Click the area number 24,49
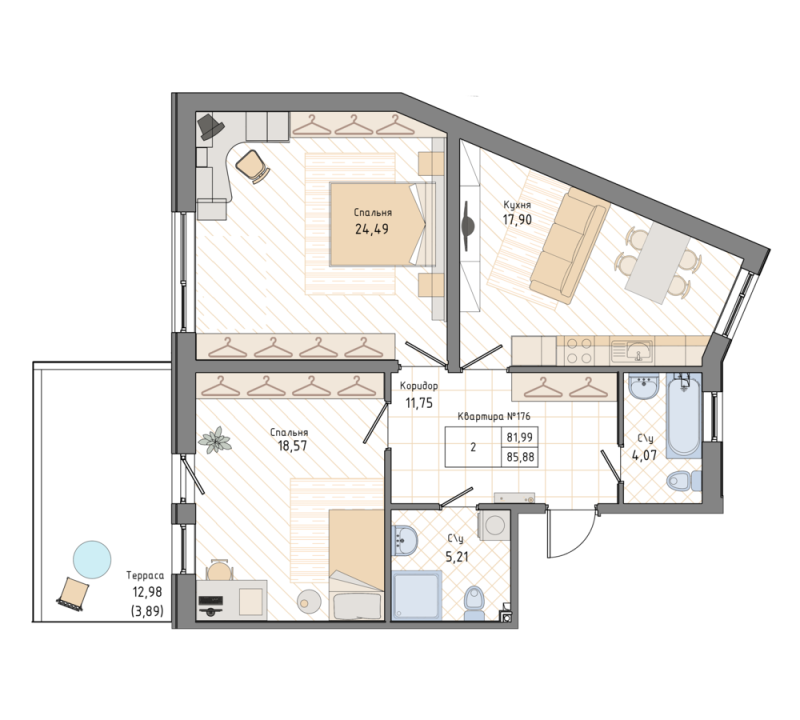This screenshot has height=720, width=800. click(371, 228)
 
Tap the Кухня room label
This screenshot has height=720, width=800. click(517, 205)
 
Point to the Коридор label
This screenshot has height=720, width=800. click(418, 386)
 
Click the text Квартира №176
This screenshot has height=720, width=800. click(491, 418)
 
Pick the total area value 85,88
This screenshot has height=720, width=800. click(520, 457)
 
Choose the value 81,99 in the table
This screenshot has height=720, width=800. click(520, 437)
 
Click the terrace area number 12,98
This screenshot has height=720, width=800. click(146, 591)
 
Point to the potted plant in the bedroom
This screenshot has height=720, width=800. click(213, 439)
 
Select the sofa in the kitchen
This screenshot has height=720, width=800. click(568, 244)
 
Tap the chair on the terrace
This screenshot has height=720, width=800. click(72, 594)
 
